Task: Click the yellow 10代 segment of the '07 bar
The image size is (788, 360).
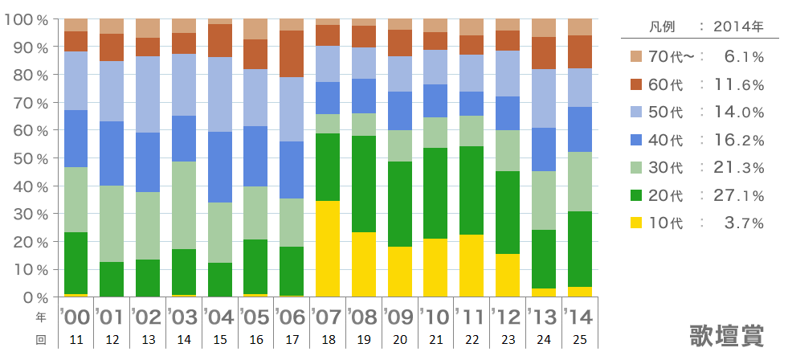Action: [x=328, y=249]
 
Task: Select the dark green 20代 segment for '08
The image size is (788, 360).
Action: [x=364, y=184]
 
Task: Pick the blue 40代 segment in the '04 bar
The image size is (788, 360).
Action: [x=220, y=166]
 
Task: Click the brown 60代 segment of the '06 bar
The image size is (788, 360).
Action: [x=292, y=54]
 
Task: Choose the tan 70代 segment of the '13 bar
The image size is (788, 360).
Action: [x=544, y=27]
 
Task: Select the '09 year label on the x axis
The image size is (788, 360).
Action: [x=400, y=316]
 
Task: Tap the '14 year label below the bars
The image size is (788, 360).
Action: [x=578, y=316]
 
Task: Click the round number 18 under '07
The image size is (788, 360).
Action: [x=328, y=340]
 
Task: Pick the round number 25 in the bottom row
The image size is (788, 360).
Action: [x=579, y=340]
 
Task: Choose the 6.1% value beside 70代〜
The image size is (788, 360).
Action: [x=743, y=57]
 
